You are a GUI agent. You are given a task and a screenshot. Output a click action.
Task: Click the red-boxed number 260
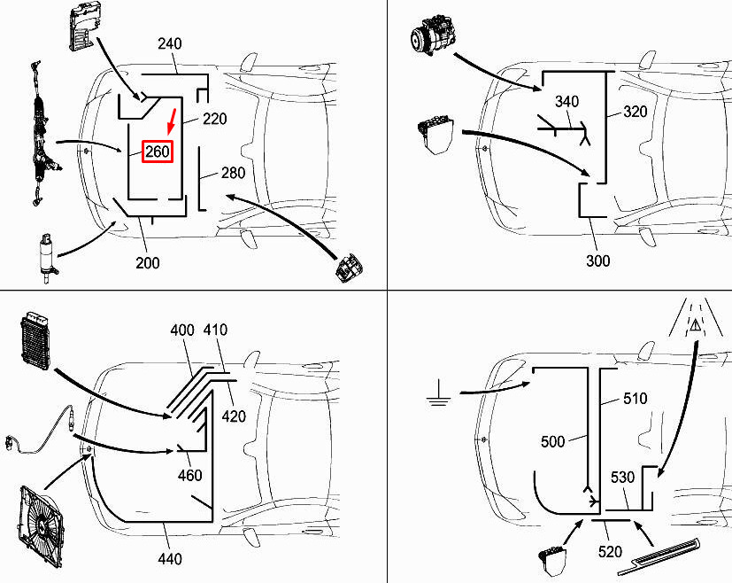click(158, 152)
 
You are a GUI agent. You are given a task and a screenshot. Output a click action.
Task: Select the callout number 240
click(169, 43)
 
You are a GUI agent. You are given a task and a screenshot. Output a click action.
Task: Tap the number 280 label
click(233, 173)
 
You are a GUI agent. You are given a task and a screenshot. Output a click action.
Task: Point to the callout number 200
click(148, 262)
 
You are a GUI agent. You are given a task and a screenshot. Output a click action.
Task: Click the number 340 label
click(566, 101)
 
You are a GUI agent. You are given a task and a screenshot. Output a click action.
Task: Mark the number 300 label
click(598, 260)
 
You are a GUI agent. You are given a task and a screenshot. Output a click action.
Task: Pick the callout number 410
click(215, 330)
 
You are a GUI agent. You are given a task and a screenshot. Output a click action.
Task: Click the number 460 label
click(190, 475)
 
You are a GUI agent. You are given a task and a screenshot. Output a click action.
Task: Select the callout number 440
click(169, 558)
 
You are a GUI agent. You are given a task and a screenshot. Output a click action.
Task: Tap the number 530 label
click(623, 477)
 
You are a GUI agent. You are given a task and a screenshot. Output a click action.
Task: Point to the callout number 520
click(610, 552)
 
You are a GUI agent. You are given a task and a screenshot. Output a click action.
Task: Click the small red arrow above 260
click(172, 121)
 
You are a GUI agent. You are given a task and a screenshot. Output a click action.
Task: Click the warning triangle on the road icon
click(696, 324)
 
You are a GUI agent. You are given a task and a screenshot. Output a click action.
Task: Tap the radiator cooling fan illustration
click(40, 527)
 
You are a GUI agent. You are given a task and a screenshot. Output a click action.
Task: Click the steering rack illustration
click(41, 133)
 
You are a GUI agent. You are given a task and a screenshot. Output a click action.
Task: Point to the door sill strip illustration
click(659, 556)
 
